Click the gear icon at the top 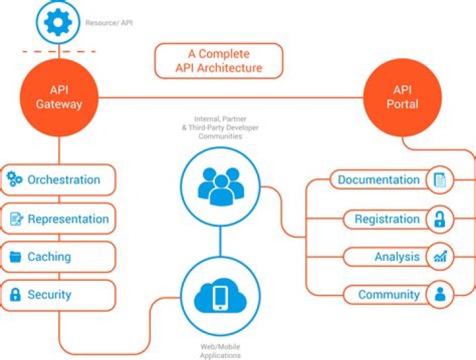click(x=58, y=22)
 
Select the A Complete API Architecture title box click(x=219, y=61)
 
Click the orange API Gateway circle click(x=59, y=97)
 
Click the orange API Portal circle click(x=402, y=97)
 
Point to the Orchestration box click(x=58, y=180)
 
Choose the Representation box click(x=58, y=219)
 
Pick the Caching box click(x=58, y=257)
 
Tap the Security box click(x=58, y=295)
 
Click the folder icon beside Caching click(x=15, y=257)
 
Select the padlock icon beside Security click(x=15, y=295)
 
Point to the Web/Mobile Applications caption click(x=220, y=351)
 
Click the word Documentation click(x=378, y=180)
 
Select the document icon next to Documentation click(x=440, y=180)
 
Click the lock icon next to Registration click(x=440, y=219)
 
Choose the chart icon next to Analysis click(x=440, y=257)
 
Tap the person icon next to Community click(x=440, y=295)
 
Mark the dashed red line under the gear click(x=59, y=51)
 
